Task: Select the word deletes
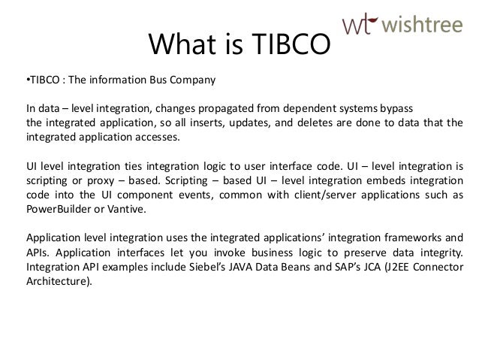tap(288, 124)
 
